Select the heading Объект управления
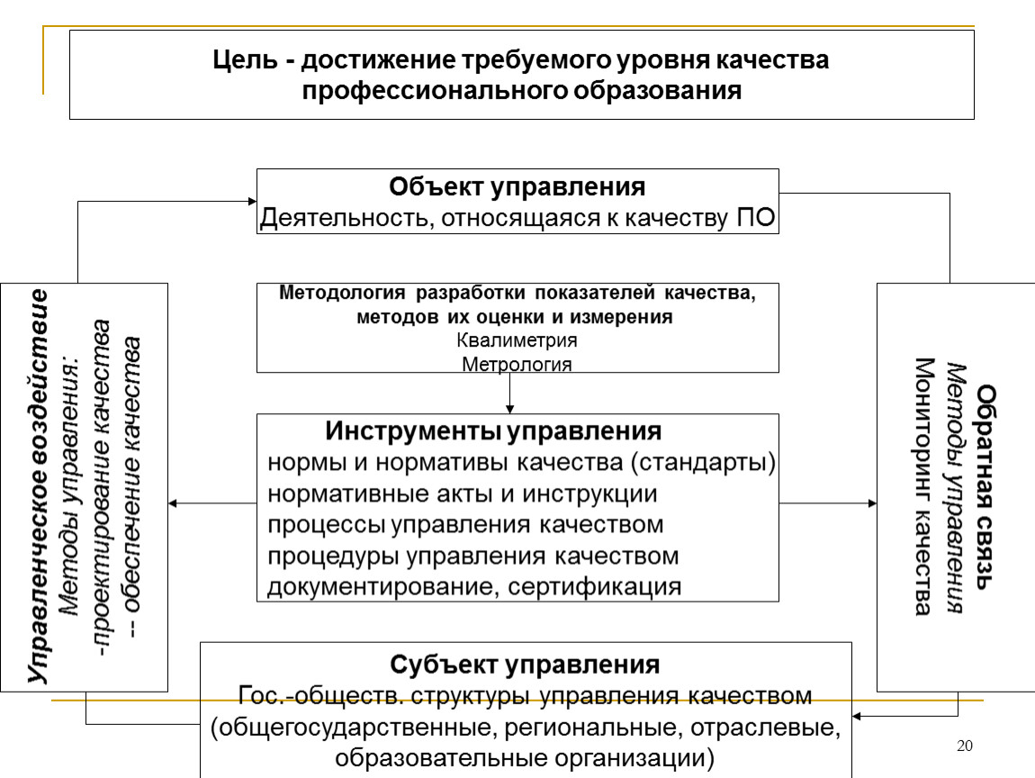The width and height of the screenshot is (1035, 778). (517, 187)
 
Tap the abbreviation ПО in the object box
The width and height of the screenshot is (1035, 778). (756, 217)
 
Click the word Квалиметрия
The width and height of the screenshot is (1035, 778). (517, 340)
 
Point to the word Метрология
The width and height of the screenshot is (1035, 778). (517, 364)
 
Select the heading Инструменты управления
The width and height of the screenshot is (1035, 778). (493, 431)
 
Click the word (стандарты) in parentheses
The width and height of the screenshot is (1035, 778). (703, 462)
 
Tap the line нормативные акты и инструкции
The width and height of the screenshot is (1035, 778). (462, 494)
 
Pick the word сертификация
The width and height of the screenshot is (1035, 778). (595, 586)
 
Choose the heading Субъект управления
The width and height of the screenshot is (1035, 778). (525, 665)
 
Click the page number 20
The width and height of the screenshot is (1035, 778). (965, 746)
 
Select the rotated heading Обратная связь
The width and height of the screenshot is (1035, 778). (985, 487)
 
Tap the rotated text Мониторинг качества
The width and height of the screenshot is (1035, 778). (924, 487)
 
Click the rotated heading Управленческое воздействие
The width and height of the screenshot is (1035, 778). (39, 486)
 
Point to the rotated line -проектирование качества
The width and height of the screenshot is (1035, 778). (101, 488)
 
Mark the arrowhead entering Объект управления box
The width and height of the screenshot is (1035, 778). (252, 202)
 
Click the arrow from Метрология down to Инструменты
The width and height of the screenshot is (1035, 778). (509, 393)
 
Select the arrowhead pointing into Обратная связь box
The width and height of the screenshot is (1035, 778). (873, 503)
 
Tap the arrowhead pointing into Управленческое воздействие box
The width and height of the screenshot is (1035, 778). (173, 503)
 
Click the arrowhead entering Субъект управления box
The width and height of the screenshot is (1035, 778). (857, 716)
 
